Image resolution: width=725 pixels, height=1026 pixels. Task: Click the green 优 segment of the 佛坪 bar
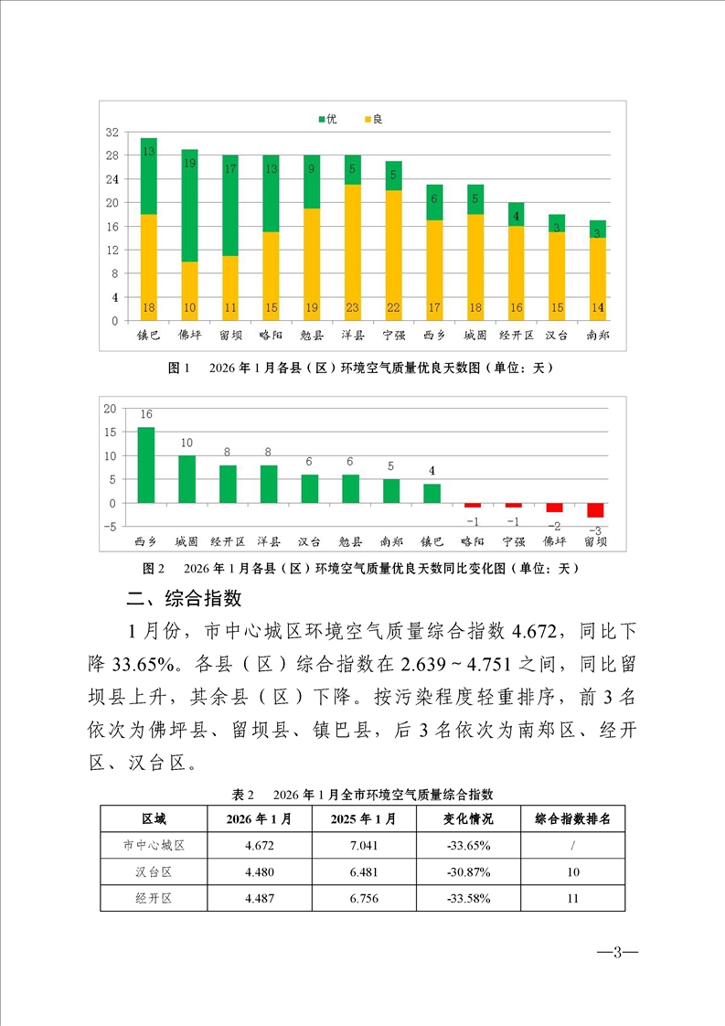pos(189,205)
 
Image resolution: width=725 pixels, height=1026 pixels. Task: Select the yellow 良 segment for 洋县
pos(353,252)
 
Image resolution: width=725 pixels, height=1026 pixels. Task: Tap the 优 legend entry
pos(326,120)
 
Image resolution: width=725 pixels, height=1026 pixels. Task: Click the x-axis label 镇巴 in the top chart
pos(148,336)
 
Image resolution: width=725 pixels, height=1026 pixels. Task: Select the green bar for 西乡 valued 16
pos(145,465)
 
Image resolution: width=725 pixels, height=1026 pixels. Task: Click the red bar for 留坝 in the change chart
pos(595,510)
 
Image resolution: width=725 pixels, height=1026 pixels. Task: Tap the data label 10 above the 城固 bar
pos(187,443)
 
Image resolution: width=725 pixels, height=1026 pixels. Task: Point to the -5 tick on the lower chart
pos(110,527)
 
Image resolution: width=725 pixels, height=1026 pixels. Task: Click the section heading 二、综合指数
pos(184,599)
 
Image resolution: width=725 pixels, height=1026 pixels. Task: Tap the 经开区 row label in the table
pos(154,898)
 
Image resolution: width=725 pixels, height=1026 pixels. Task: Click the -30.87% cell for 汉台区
pos(467,871)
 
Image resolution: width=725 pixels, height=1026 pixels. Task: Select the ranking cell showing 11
pos(572,898)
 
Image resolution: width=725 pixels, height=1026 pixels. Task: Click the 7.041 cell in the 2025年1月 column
pos(364,846)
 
